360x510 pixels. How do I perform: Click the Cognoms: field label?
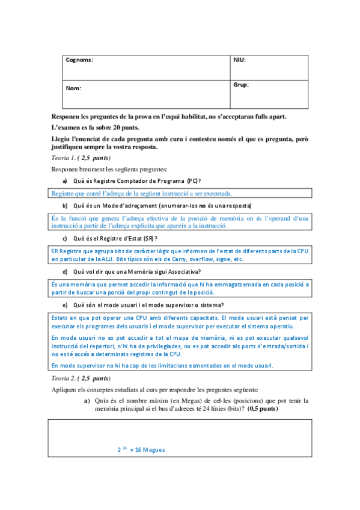pyautogui.click(x=79, y=60)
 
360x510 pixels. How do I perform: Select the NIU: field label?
pyautogui.click(x=239, y=60)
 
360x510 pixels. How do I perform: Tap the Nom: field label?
pyautogui.click(x=73, y=88)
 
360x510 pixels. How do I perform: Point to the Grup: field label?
pyautogui.click(x=240, y=85)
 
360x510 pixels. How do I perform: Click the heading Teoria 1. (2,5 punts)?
pyautogui.click(x=81, y=158)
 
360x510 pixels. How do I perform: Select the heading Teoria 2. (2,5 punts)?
pyautogui.click(x=81, y=379)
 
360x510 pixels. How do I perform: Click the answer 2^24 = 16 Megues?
pyautogui.click(x=141, y=450)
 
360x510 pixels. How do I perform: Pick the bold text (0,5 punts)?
pyautogui.click(x=262, y=409)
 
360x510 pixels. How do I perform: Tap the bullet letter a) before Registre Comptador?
pyautogui.click(x=65, y=181)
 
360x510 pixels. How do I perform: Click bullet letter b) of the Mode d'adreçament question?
pyautogui.click(x=65, y=206)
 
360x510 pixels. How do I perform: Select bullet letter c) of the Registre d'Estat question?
pyautogui.click(x=65, y=239)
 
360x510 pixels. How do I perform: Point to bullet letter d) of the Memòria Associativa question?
pyautogui.click(x=65, y=272)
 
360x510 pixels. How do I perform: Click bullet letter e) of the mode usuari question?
pyautogui.click(x=65, y=305)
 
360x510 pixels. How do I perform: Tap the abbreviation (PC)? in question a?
pyautogui.click(x=194, y=181)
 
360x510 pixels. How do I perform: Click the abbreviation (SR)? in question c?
pyautogui.click(x=150, y=239)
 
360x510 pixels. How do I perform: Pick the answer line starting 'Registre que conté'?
pyautogui.click(x=142, y=193)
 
